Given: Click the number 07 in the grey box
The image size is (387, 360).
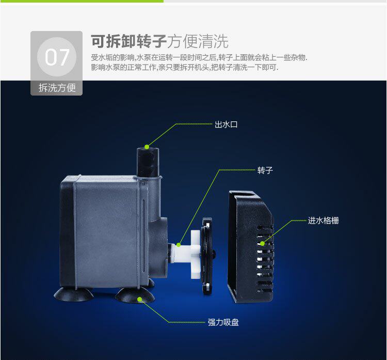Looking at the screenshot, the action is (56, 57).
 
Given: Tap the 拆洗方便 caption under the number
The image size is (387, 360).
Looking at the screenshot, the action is (57, 88).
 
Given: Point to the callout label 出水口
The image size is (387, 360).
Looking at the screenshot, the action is (226, 124).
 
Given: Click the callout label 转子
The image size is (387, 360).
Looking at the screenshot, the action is (265, 170).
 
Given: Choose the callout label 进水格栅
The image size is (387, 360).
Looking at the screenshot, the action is (324, 221).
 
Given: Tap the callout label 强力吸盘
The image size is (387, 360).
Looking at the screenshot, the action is (223, 322).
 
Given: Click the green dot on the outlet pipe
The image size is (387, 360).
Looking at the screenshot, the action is (147, 147).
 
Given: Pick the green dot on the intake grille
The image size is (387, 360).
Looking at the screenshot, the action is (262, 243).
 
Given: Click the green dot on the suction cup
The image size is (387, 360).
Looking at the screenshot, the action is (140, 299).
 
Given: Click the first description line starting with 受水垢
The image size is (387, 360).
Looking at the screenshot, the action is (199, 57).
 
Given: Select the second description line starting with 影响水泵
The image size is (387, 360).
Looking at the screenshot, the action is (184, 68).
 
